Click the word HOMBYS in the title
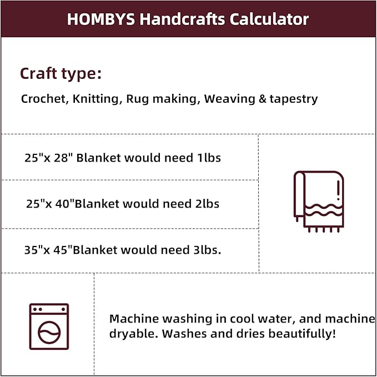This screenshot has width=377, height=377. (101, 19)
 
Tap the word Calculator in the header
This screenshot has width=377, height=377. (269, 19)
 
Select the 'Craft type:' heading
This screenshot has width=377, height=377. (61, 74)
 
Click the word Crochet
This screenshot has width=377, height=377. (43, 99)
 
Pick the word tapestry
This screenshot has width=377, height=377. (294, 99)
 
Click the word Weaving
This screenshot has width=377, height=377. (230, 99)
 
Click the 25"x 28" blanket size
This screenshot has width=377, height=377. (48, 158)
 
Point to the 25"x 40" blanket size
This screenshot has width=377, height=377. (49, 204)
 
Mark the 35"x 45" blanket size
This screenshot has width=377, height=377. (48, 250)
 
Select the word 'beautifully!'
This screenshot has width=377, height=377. (301, 334)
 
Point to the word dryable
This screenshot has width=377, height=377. (134, 334)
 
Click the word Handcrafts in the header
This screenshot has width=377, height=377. (182, 19)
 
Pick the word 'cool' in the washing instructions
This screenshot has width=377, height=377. (242, 319)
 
